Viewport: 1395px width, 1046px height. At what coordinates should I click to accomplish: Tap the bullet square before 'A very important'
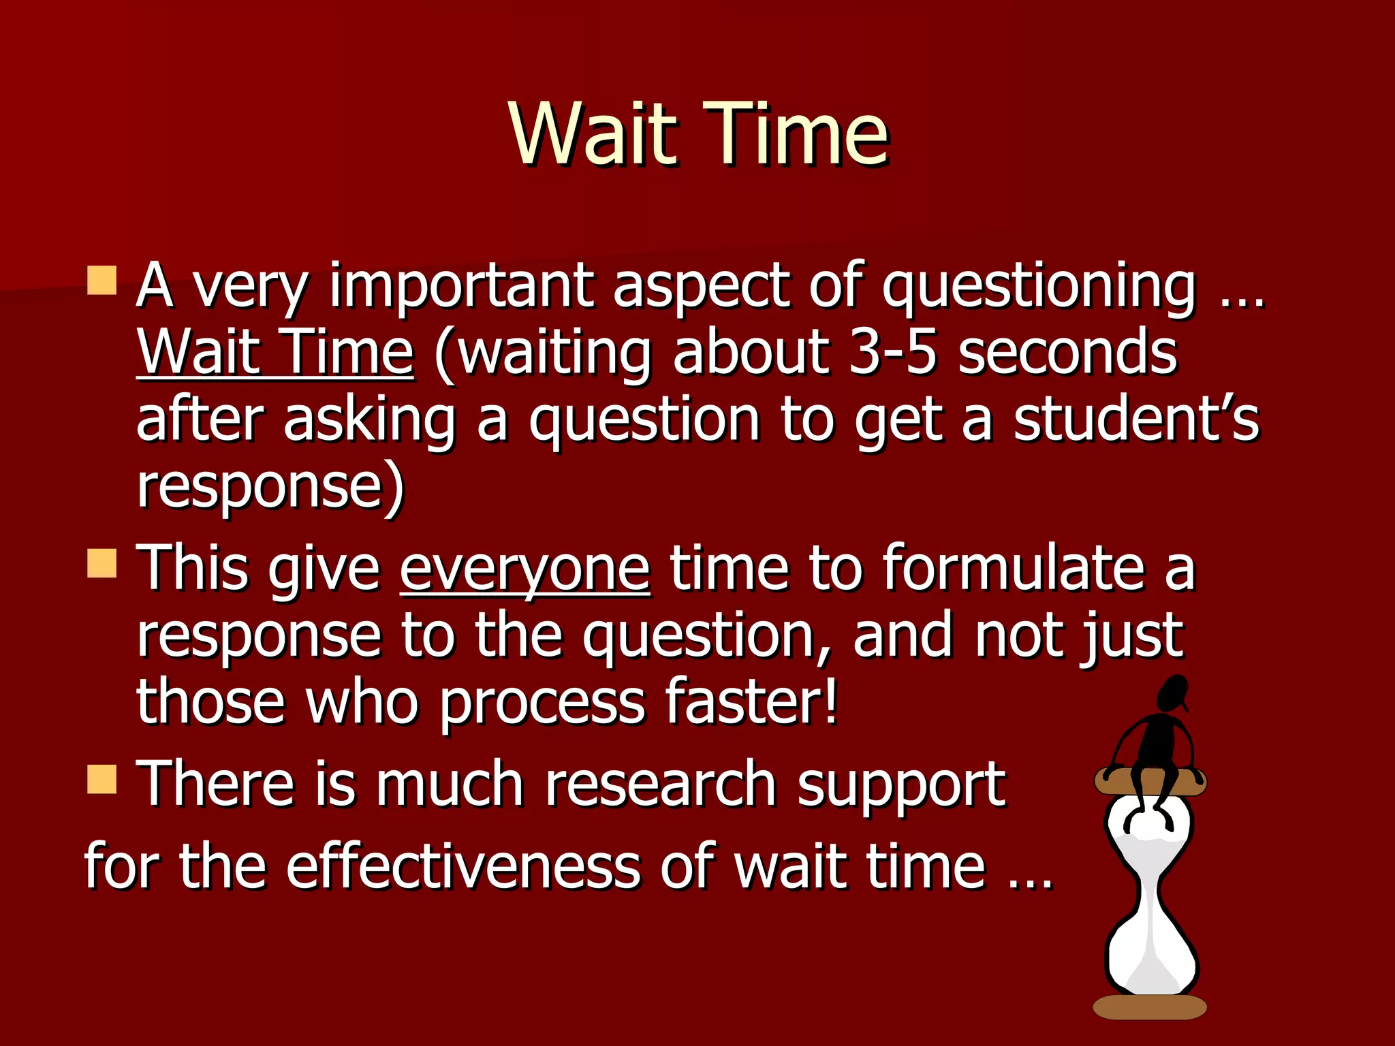(x=102, y=280)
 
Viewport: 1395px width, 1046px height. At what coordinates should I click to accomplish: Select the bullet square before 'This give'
(x=102, y=563)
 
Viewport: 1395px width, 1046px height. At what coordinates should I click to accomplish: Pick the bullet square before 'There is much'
(x=102, y=779)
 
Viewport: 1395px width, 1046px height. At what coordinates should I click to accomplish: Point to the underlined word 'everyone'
(x=524, y=569)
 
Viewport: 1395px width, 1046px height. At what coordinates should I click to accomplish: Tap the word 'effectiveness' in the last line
(x=463, y=866)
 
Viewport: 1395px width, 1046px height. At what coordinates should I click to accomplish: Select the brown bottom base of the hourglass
(x=1150, y=1007)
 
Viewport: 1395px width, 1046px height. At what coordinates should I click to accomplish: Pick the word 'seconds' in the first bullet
(x=1067, y=352)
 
